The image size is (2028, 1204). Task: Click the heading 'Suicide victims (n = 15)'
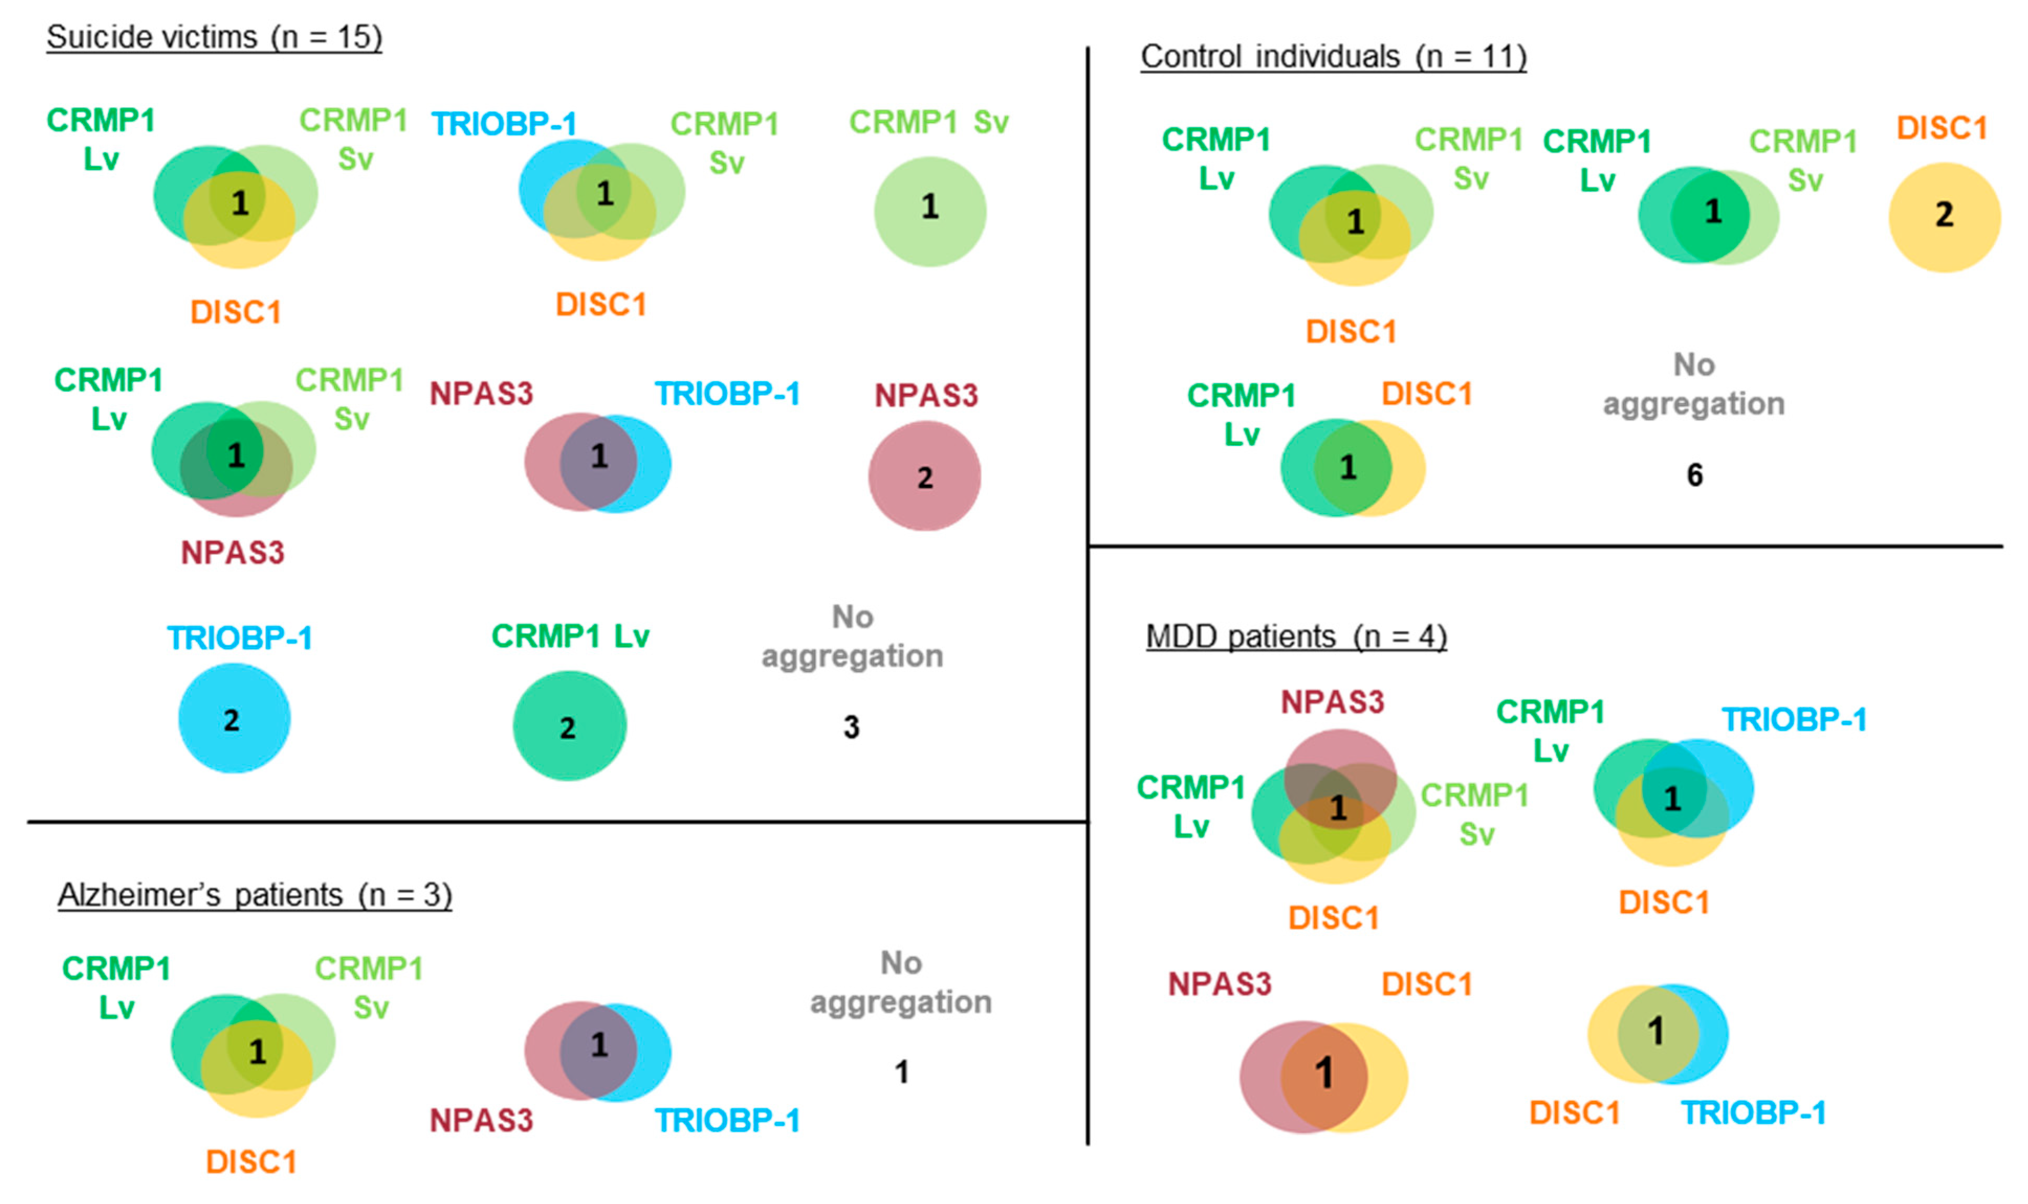pyautogui.click(x=213, y=37)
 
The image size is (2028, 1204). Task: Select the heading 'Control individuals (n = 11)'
pyautogui.click(x=1332, y=56)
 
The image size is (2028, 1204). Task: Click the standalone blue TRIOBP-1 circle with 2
pyautogui.click(x=234, y=719)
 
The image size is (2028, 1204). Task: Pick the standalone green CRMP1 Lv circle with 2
pyautogui.click(x=569, y=726)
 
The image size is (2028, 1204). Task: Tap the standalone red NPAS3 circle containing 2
pyautogui.click(x=924, y=476)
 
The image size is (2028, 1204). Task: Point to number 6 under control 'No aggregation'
pyautogui.click(x=1694, y=475)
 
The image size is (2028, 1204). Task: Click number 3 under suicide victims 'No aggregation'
pyautogui.click(x=851, y=727)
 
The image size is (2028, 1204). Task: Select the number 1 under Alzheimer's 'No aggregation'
pyautogui.click(x=901, y=1072)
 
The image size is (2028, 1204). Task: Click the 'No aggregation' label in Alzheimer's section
pyautogui.click(x=901, y=983)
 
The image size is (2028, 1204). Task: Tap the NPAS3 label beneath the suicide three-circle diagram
pyautogui.click(x=232, y=552)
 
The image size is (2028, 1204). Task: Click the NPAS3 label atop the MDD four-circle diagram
pyautogui.click(x=1332, y=701)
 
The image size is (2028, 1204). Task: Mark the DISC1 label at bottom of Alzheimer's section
pyautogui.click(x=251, y=1162)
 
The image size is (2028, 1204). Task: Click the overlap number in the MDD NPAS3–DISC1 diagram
pyautogui.click(x=1324, y=1073)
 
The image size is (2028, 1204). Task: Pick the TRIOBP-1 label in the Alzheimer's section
pyautogui.click(x=727, y=1120)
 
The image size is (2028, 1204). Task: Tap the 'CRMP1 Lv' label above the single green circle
pyautogui.click(x=570, y=636)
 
